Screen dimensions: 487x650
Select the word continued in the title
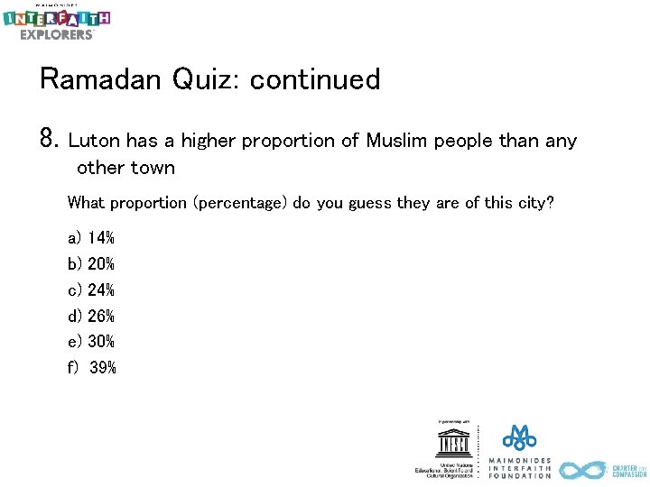click(315, 80)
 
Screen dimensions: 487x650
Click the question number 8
click(49, 140)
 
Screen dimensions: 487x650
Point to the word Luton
click(94, 141)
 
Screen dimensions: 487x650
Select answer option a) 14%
click(91, 238)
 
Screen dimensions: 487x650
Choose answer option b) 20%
click(91, 264)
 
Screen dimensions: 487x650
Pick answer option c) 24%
click(91, 290)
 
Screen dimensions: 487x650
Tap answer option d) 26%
click(91, 316)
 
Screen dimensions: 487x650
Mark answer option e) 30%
click(91, 342)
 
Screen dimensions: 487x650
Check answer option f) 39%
click(92, 368)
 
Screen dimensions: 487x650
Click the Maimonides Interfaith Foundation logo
click(519, 451)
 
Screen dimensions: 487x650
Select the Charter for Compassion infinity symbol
click(582, 470)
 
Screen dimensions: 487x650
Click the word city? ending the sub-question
click(532, 203)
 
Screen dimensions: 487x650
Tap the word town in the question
click(153, 168)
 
